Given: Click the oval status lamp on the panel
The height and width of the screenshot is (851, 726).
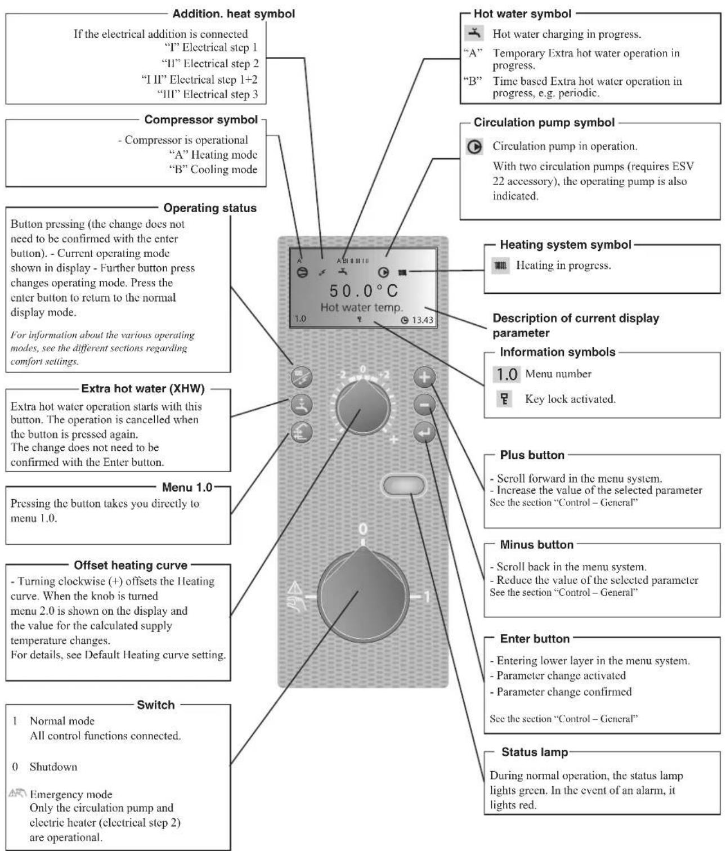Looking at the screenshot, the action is [x=404, y=485].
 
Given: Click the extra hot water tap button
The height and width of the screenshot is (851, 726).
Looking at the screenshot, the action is [x=302, y=405].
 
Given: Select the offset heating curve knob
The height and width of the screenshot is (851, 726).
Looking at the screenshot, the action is [x=363, y=407].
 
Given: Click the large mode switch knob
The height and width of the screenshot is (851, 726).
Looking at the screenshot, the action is [x=363, y=594].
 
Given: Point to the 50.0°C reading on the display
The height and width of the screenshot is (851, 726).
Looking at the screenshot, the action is [x=364, y=290].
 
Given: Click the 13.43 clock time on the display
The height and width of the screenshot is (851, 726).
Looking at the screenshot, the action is [x=423, y=320].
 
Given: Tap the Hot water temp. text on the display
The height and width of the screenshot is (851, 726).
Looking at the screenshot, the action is [x=362, y=307].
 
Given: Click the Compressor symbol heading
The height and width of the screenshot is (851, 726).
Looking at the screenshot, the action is [x=201, y=120].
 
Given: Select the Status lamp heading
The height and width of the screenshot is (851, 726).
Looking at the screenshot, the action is [x=535, y=752].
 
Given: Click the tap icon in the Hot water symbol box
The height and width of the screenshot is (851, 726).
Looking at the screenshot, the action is [x=474, y=33].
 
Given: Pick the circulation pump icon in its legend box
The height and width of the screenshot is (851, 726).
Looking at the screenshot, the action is [x=474, y=146].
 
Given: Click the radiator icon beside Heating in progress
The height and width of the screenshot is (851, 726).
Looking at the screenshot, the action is [x=501, y=266].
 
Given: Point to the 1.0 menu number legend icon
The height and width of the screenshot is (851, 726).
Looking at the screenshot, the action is [x=507, y=374].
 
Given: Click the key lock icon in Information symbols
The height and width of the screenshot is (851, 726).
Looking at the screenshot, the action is [x=504, y=399].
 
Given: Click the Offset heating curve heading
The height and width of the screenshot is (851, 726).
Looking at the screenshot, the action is [x=131, y=565].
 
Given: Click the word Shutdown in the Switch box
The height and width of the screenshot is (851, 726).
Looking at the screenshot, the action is [x=53, y=767].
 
